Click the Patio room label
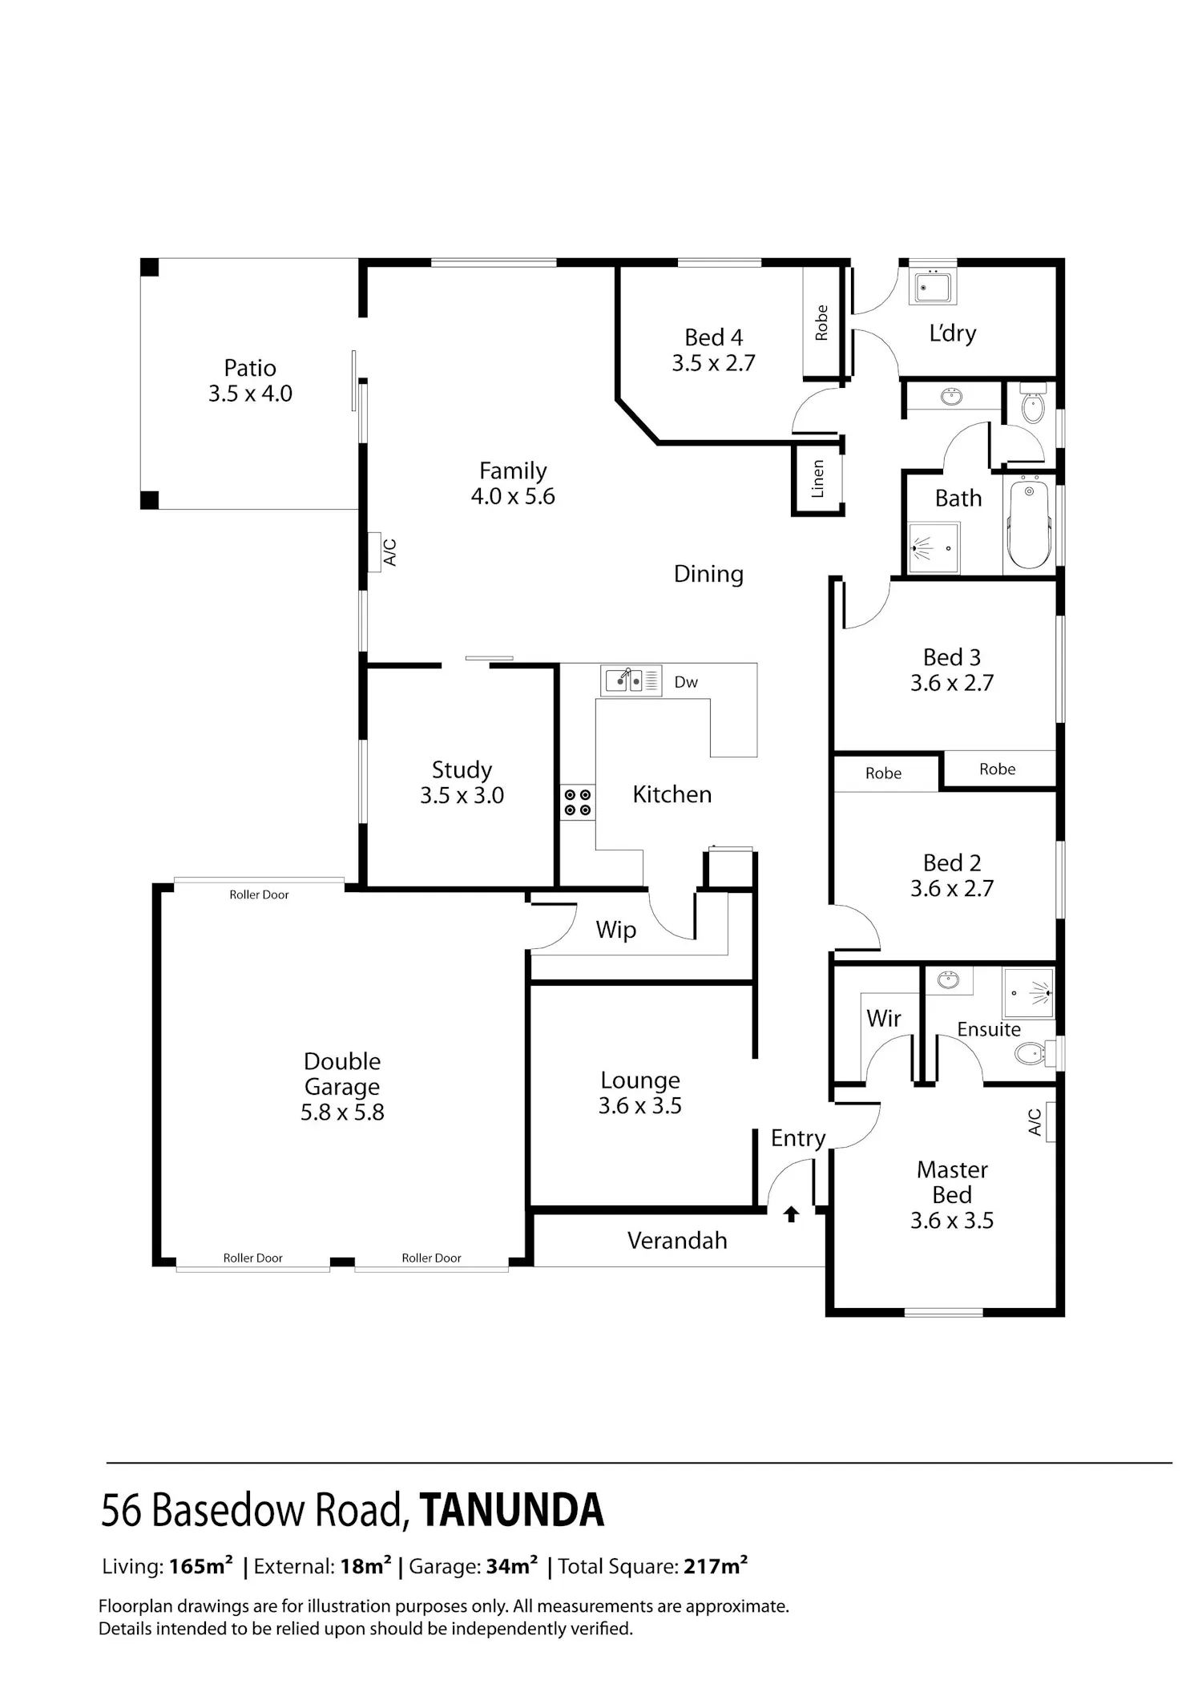[250, 368]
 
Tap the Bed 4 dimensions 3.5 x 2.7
[713, 363]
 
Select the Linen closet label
[817, 479]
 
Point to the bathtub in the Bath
[1029, 523]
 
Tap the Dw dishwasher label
[686, 682]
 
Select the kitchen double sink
[631, 680]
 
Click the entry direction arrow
[792, 1213]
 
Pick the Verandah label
[677, 1241]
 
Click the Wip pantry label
[615, 931]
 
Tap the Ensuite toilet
[1031, 1053]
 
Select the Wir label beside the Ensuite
[884, 1018]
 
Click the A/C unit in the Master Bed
[1051, 1121]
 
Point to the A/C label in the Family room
[390, 552]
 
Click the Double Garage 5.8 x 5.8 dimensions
[342, 1112]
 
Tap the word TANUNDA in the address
[511, 1510]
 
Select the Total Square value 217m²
[716, 1565]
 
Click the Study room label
[462, 770]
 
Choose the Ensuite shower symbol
[1029, 993]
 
